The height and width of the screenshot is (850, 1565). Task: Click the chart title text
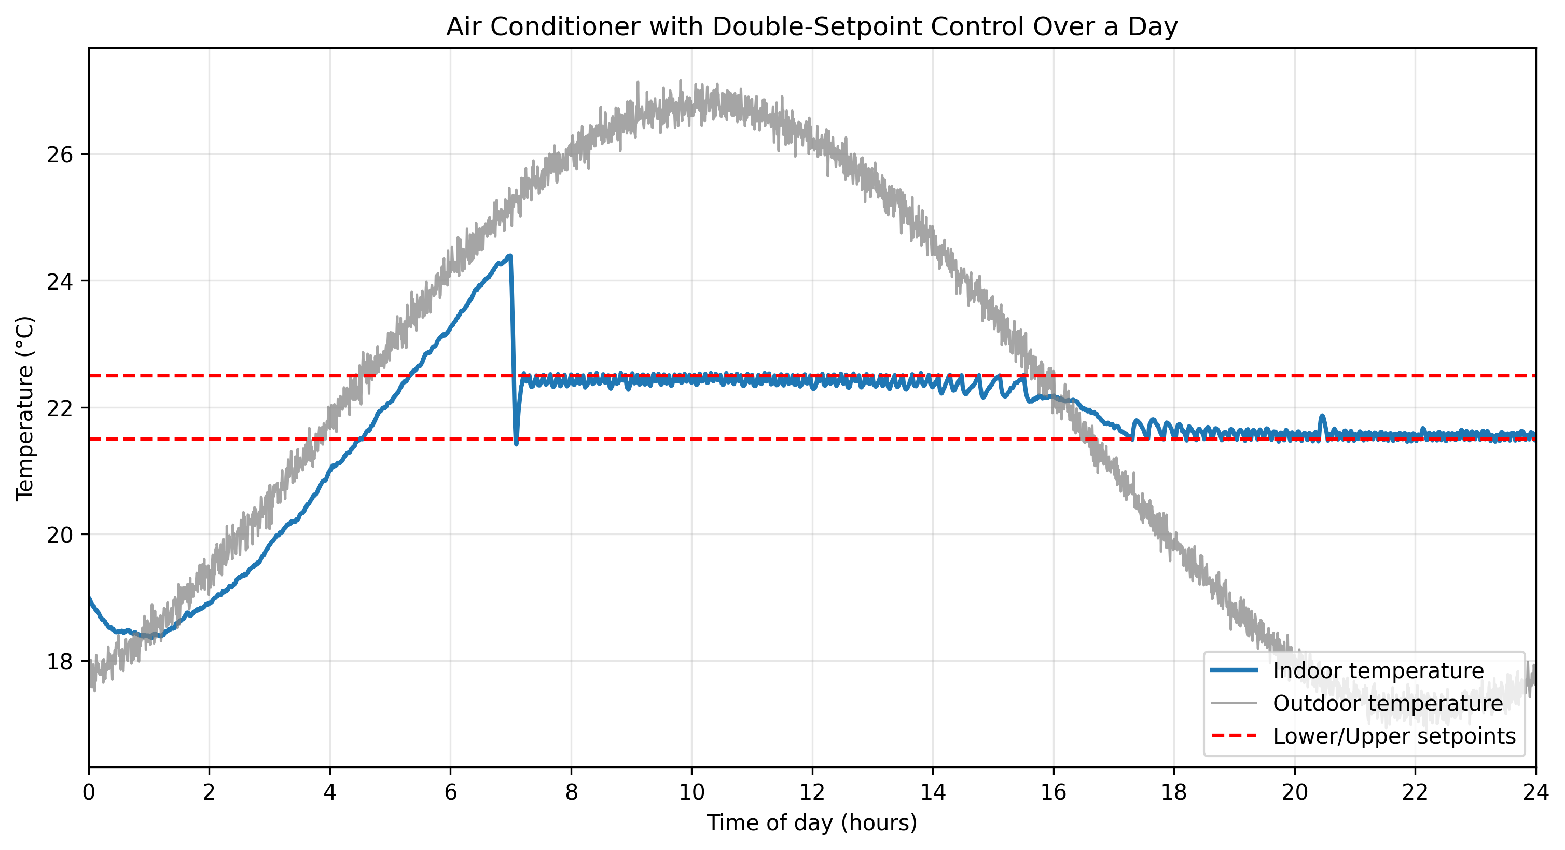pos(812,28)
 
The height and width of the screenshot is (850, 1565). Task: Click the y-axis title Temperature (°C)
pos(25,408)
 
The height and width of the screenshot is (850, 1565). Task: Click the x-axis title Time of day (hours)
pos(812,822)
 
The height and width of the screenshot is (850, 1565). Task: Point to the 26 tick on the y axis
pos(59,154)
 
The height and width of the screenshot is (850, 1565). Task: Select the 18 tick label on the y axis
pos(59,661)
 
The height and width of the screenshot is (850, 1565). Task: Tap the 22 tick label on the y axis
pos(59,408)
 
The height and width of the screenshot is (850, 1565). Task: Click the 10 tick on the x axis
pos(691,793)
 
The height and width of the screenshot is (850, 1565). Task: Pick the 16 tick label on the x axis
pos(1053,793)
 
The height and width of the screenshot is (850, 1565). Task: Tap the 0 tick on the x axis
pos(89,793)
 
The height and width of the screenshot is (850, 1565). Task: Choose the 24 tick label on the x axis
pos(1536,793)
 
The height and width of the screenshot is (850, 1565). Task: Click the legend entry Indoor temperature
pos(1378,671)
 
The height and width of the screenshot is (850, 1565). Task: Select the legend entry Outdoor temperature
pos(1388,704)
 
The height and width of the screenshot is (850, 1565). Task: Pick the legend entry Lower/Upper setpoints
pos(1394,736)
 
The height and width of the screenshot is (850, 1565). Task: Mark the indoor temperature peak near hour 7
pos(510,256)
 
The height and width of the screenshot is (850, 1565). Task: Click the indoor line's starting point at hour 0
pos(90,598)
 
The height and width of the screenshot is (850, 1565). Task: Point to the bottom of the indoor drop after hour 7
pos(517,444)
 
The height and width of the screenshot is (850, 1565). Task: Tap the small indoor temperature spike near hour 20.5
pos(1322,416)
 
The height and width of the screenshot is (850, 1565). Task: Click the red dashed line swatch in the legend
pos(1234,736)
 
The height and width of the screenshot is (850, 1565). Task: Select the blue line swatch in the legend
pos(1234,671)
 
